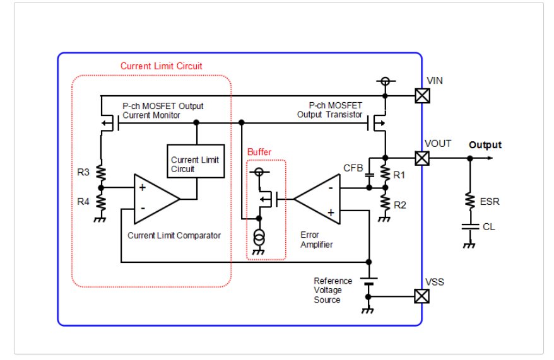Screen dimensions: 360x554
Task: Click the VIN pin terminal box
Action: tap(421, 96)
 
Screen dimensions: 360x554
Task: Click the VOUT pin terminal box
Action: tap(421, 158)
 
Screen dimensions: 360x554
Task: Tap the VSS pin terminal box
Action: tap(421, 296)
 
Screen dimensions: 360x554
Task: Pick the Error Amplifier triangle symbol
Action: tap(318, 199)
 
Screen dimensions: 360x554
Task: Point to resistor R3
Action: tap(101, 173)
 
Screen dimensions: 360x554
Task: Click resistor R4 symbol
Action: tap(101, 202)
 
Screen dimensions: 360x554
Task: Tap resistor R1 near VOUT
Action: tap(384, 173)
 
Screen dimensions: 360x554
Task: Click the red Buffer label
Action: tap(259, 152)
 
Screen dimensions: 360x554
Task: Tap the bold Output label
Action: tap(485, 145)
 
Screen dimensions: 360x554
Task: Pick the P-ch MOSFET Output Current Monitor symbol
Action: tap(106, 124)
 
